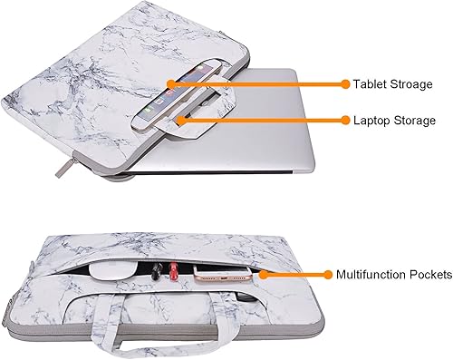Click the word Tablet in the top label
371,84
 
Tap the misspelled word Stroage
413,84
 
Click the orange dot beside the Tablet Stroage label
345,84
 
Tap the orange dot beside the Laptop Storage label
345,120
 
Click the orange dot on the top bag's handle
180,119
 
